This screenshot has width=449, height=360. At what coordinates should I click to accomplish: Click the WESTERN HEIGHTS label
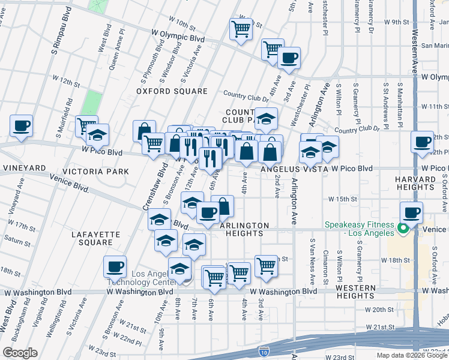tap(355, 292)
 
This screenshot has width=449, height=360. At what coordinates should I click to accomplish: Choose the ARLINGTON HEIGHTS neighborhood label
tap(244, 229)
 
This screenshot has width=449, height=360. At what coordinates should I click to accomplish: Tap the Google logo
tap(20, 353)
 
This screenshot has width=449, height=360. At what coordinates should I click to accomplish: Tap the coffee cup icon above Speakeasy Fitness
tap(412, 212)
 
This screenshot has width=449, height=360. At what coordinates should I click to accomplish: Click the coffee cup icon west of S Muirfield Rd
tap(21, 126)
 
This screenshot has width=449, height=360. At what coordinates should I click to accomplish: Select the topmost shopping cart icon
tap(241, 28)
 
